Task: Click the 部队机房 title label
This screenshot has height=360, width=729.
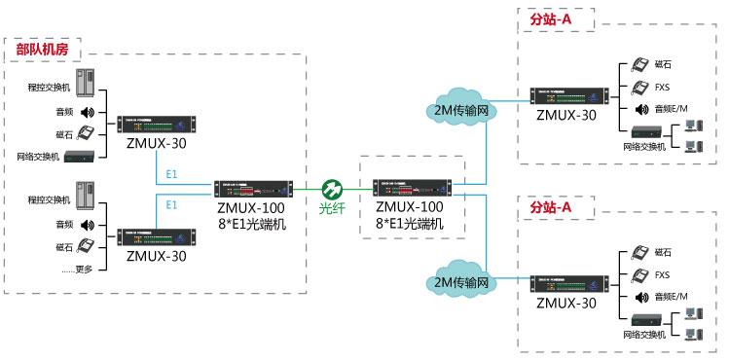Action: tap(42, 47)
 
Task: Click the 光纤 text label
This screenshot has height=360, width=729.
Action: tap(333, 208)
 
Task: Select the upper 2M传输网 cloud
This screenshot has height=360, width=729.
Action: tap(462, 109)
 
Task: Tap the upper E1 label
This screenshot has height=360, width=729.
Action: tap(171, 173)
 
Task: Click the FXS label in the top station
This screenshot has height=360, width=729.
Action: tap(662, 86)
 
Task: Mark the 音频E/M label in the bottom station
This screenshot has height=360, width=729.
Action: tap(672, 296)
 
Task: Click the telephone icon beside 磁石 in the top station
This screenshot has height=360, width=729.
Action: tap(640, 65)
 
